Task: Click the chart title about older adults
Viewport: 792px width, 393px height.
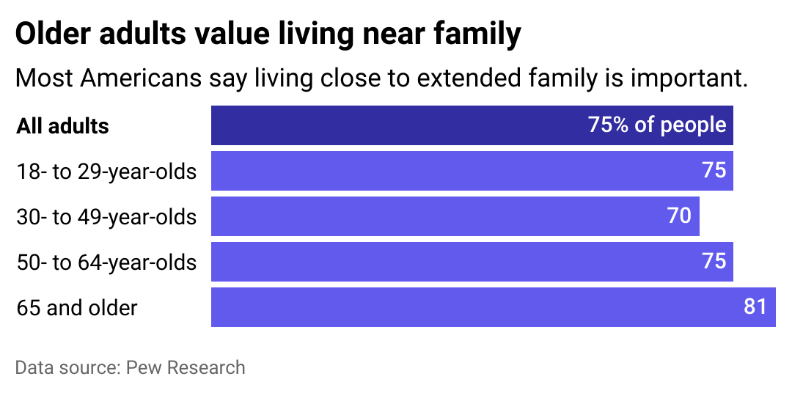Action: pos(268,34)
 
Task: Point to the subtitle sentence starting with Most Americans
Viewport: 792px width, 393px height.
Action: pos(381,78)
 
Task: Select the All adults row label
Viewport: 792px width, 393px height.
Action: pos(63,126)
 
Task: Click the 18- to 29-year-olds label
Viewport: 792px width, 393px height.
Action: pos(107,172)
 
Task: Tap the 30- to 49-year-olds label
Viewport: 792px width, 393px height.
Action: pos(107,217)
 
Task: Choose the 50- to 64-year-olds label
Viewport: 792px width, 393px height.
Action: pos(107,262)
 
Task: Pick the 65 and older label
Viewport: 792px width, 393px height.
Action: pos(77,308)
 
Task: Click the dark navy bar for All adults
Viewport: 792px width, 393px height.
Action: pos(396,125)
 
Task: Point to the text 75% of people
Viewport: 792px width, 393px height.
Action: pos(657,125)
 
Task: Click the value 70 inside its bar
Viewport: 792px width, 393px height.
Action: pos(679,216)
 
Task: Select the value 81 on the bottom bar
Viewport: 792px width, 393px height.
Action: pos(755,306)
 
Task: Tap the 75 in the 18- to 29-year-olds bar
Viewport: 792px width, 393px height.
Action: pos(714,171)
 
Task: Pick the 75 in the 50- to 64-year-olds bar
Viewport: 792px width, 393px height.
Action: pos(714,262)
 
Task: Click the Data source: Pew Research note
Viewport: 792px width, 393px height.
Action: pos(130,367)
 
